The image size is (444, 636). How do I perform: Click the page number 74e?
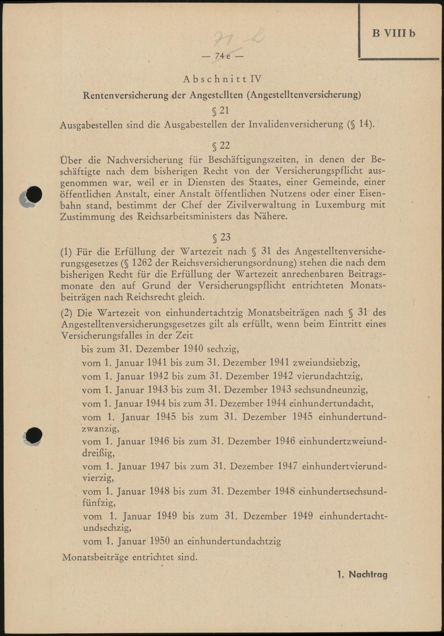point(222,56)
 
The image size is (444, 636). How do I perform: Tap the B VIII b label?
point(393,33)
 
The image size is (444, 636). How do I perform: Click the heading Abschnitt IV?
point(222,79)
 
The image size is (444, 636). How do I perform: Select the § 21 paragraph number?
point(221,110)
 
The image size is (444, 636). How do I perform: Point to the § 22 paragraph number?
point(221,145)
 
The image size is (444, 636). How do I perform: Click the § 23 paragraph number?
point(222,237)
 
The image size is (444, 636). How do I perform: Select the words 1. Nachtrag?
point(362,574)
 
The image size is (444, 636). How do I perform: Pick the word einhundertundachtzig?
point(234,541)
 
